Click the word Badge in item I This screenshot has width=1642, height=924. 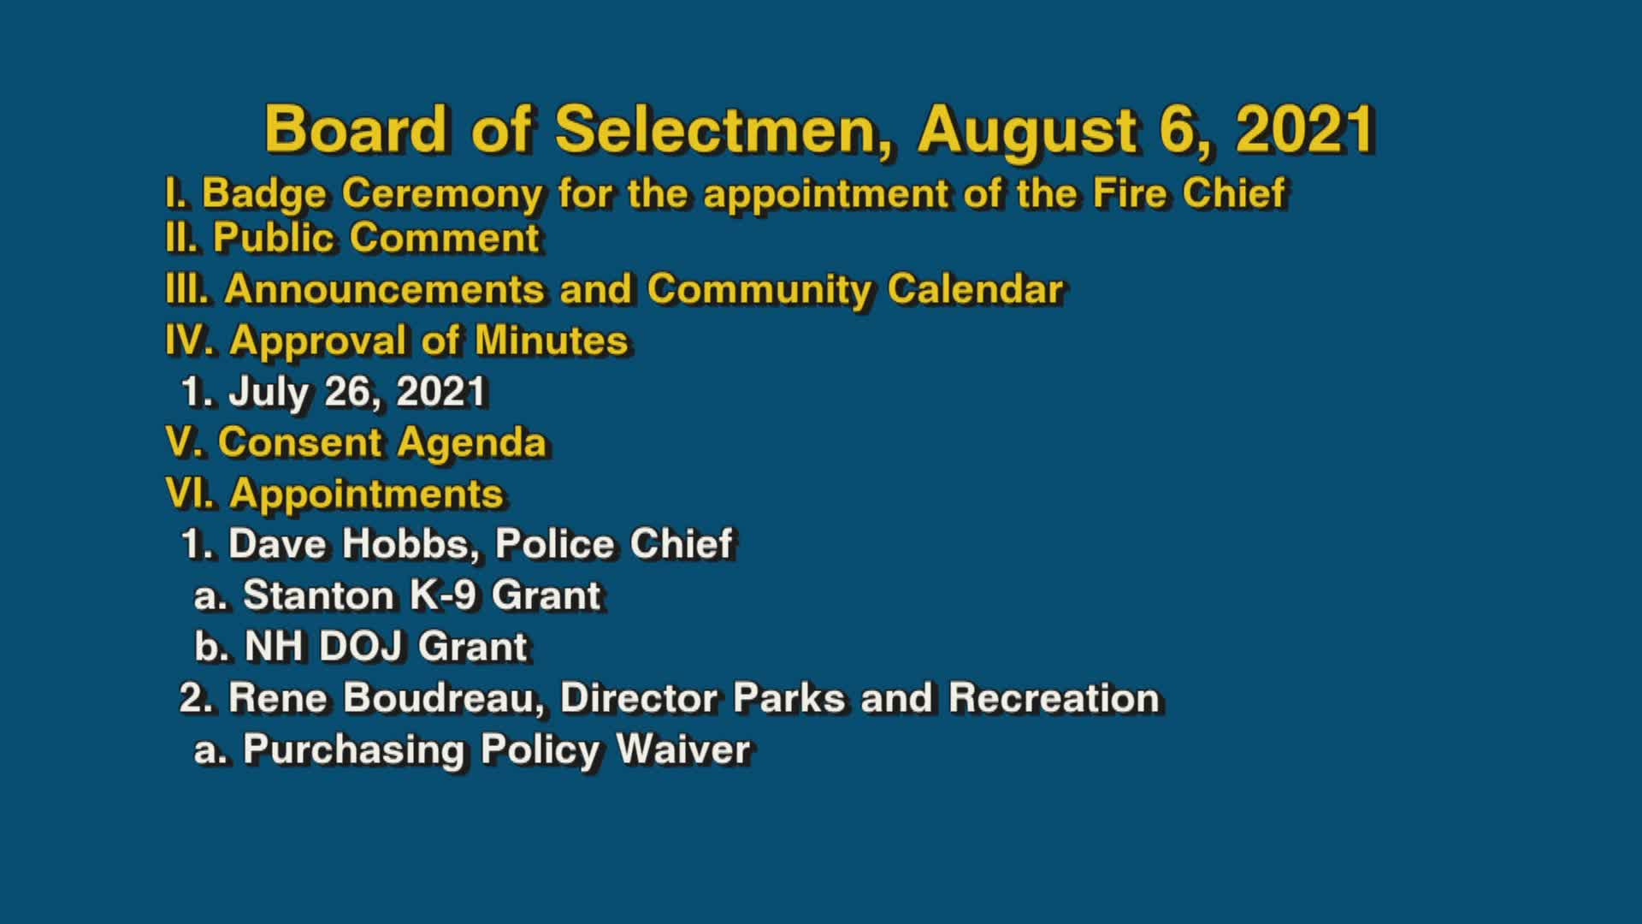click(x=263, y=193)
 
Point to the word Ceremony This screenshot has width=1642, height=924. click(x=442, y=193)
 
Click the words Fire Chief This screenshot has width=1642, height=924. click(x=1189, y=193)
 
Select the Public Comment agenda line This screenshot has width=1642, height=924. click(x=352, y=238)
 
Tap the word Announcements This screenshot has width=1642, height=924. click(x=384, y=289)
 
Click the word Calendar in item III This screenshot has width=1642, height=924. click(x=975, y=289)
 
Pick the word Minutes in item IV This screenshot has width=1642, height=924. click(x=552, y=341)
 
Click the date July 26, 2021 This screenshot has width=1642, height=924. click(x=357, y=392)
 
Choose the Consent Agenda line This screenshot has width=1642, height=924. click(x=357, y=443)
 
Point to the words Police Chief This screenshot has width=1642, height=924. click(x=614, y=544)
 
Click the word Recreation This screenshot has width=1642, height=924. click(x=1054, y=698)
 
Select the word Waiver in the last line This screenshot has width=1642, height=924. click(x=682, y=749)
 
